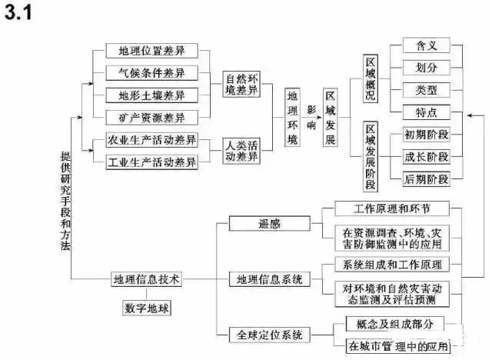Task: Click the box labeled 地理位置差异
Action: (x=151, y=52)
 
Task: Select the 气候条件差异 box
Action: (x=151, y=74)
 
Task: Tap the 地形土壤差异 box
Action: (x=151, y=96)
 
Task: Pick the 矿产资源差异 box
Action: (x=151, y=118)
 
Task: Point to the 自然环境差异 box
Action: (x=243, y=85)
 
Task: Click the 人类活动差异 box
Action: (x=243, y=151)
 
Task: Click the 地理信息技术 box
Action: (x=146, y=279)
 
